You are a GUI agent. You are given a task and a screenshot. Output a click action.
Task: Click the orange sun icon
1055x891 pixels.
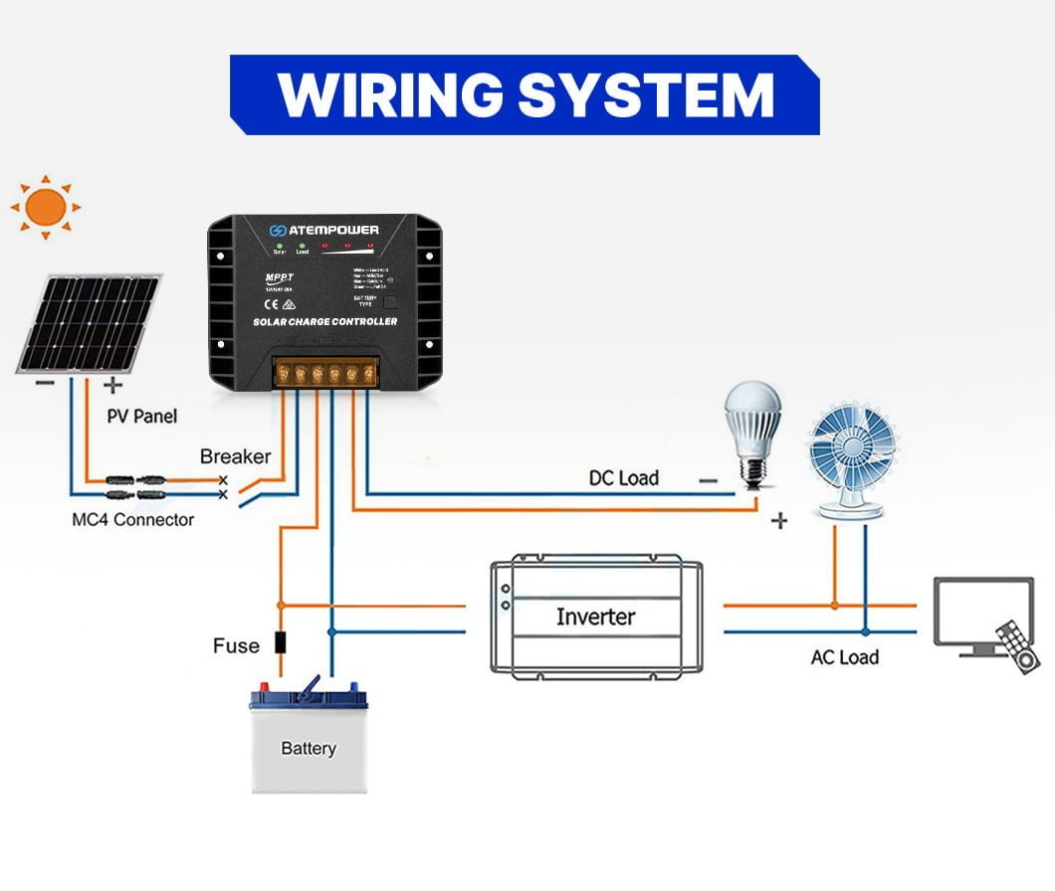[45, 208]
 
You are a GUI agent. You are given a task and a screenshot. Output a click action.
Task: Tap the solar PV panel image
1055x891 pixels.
[89, 324]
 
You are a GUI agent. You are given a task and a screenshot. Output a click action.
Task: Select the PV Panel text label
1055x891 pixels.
[142, 416]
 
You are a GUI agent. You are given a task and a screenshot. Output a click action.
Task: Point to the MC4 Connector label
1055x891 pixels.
[133, 519]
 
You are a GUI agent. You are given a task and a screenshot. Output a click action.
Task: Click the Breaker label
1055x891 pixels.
[235, 456]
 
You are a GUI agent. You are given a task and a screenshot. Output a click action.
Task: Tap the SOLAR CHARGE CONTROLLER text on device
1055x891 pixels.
[324, 322]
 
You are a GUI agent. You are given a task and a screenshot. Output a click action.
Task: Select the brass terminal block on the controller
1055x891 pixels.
[325, 373]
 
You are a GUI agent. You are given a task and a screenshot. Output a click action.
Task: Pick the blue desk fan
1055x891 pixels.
[851, 458]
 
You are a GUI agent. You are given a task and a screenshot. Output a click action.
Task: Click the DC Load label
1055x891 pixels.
[624, 478]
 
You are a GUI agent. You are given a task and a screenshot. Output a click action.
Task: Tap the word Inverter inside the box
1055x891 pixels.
[595, 617]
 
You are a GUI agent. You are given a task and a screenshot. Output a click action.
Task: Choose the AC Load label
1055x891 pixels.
[845, 657]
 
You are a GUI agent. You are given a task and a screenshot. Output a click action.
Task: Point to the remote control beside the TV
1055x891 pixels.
[1016, 647]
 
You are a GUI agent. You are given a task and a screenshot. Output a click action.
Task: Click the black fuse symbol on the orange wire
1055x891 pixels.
[281, 642]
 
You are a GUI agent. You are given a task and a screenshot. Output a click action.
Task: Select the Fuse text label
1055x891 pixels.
[236, 645]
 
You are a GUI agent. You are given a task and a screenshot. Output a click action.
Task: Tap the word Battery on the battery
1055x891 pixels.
[308, 748]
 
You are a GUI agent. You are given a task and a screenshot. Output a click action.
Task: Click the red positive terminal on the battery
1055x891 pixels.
[266, 687]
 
